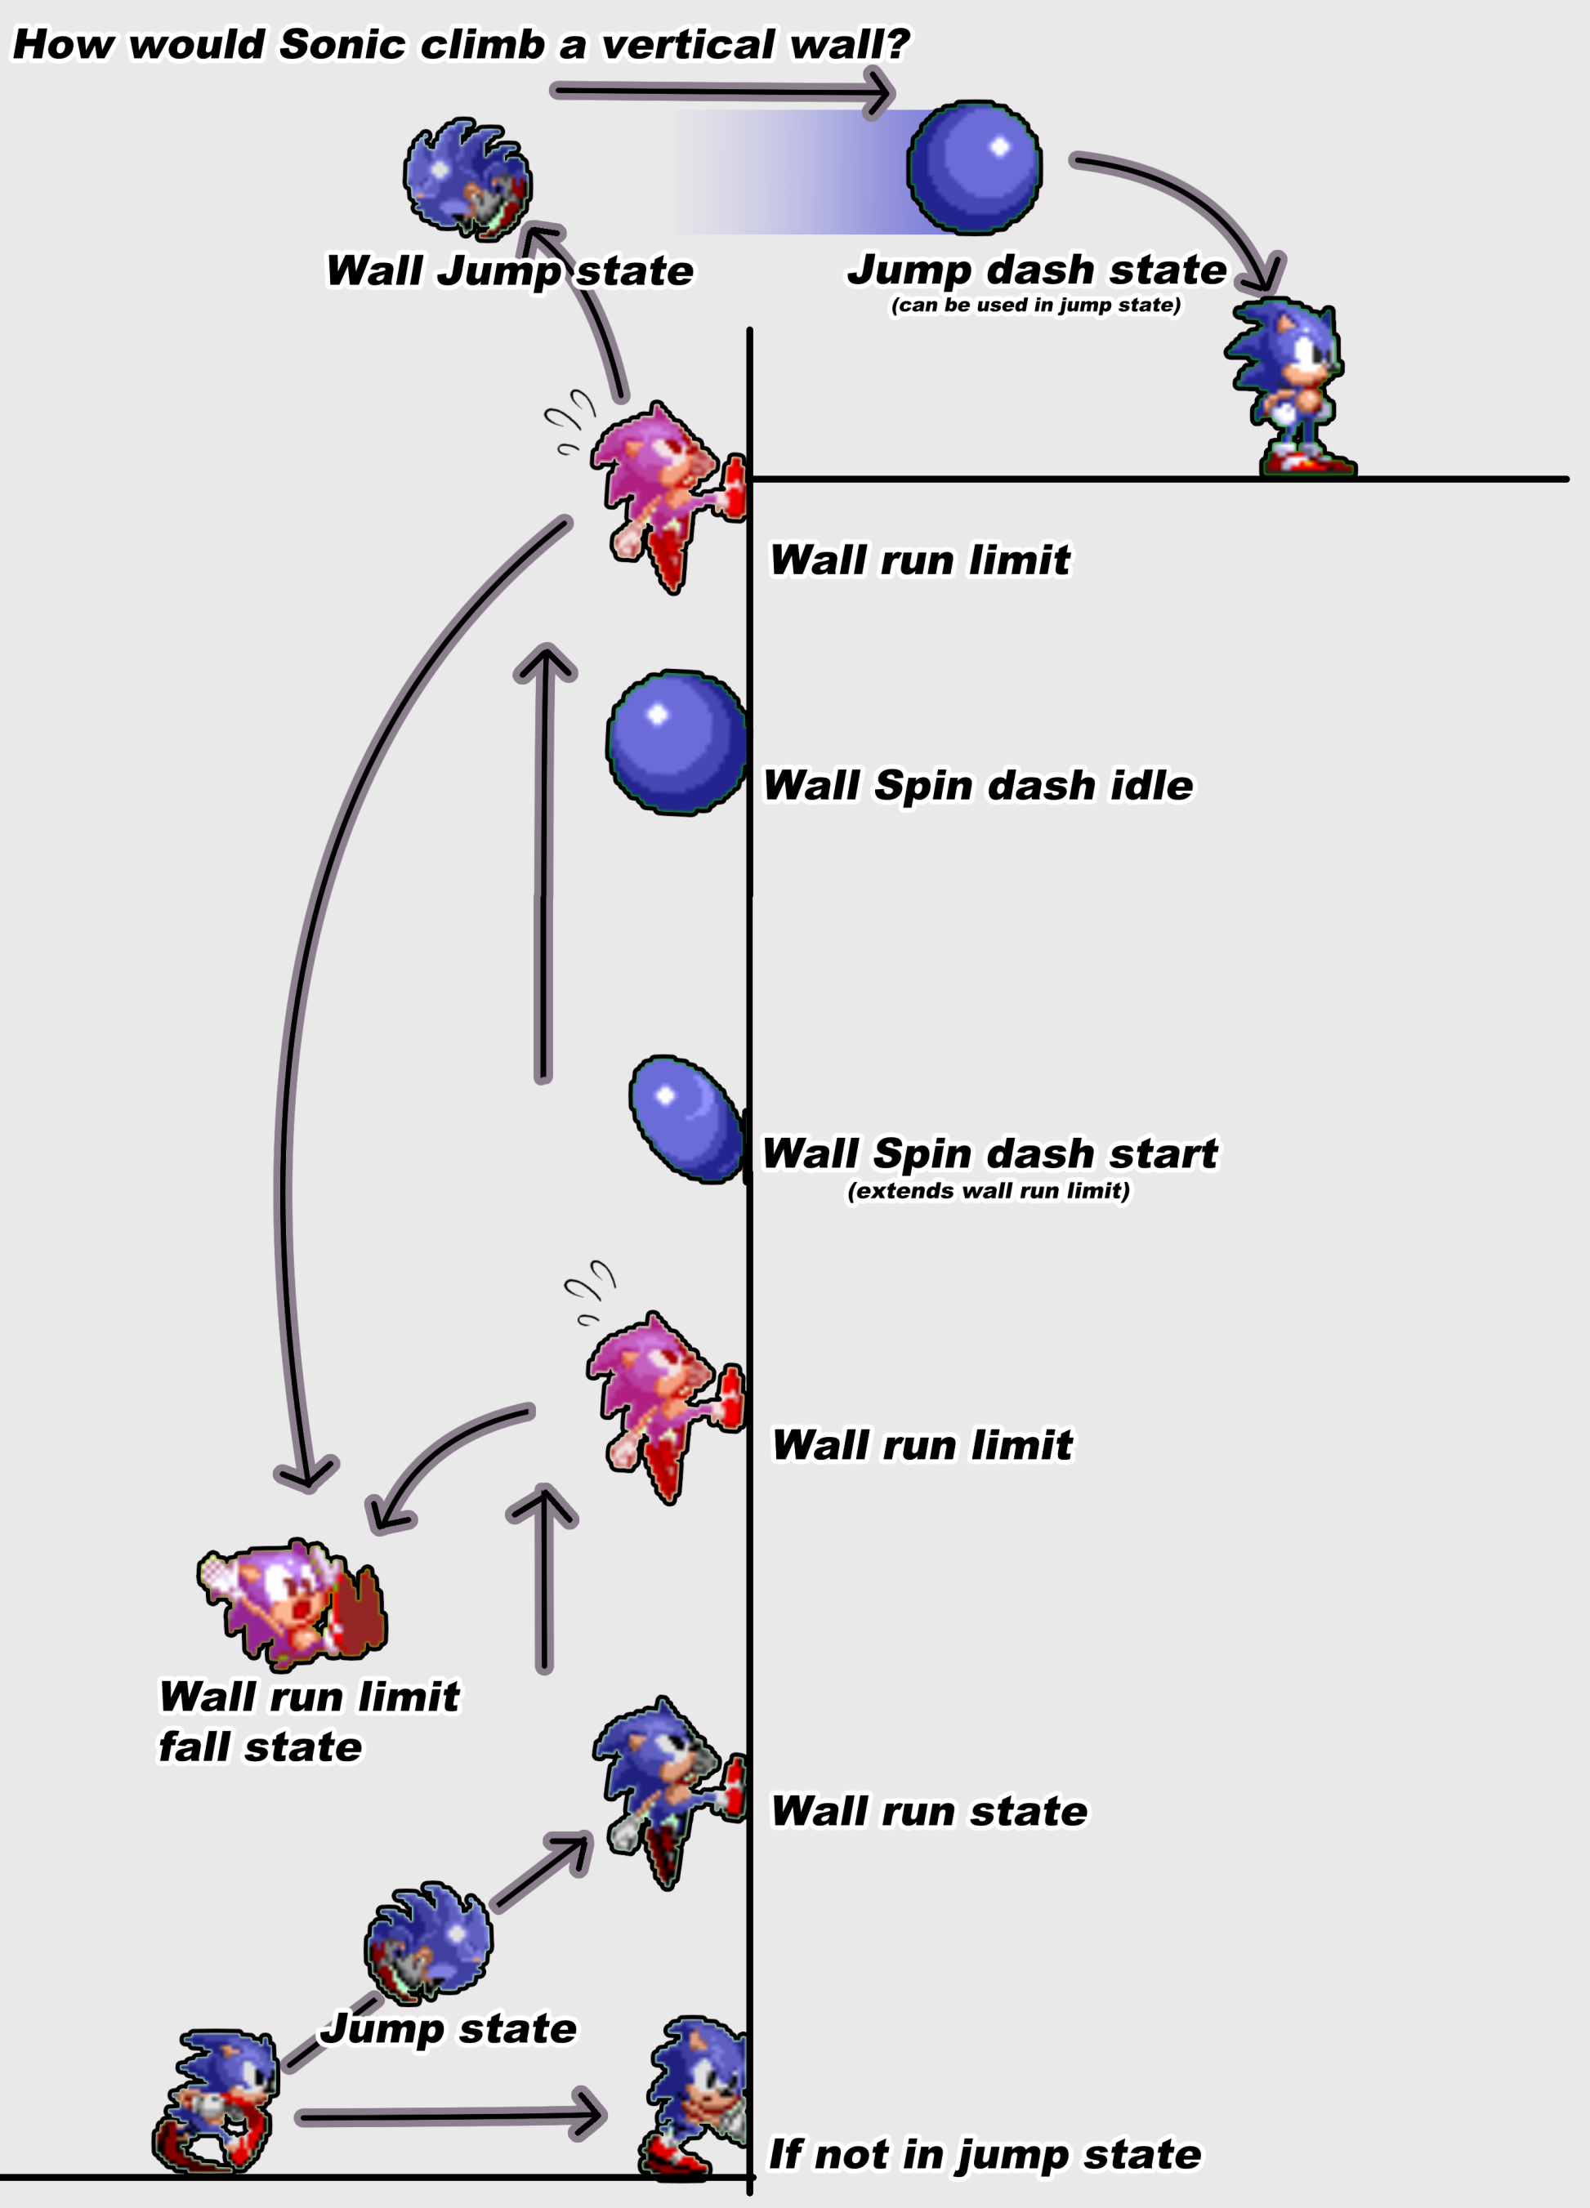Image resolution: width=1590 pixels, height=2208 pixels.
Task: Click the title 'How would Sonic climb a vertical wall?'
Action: point(461,44)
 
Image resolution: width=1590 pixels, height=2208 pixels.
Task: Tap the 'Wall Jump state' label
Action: point(509,270)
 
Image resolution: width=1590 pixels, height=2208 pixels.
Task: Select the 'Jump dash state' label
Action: point(1036,269)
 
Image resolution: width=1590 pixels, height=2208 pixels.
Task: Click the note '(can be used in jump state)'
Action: point(1036,306)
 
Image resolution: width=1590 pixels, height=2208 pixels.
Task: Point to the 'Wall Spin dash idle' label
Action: point(977,786)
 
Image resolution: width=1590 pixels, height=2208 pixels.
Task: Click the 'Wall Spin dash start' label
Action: point(989,1153)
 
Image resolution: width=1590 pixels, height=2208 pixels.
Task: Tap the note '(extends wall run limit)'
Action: point(989,1192)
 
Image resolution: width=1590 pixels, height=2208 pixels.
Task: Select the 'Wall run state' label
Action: point(929,1812)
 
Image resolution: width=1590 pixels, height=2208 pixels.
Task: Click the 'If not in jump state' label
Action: point(985,2154)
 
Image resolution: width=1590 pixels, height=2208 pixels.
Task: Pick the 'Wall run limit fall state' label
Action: point(308,1721)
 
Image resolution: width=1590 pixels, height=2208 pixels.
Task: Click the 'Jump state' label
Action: point(449,2029)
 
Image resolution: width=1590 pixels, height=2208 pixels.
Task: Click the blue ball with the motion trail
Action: point(974,167)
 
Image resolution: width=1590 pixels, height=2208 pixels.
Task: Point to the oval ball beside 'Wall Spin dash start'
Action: point(686,1120)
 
